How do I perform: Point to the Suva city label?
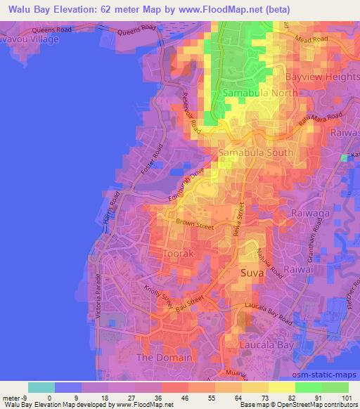254,271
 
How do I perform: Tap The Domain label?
163,358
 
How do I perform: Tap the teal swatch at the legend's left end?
41,387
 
